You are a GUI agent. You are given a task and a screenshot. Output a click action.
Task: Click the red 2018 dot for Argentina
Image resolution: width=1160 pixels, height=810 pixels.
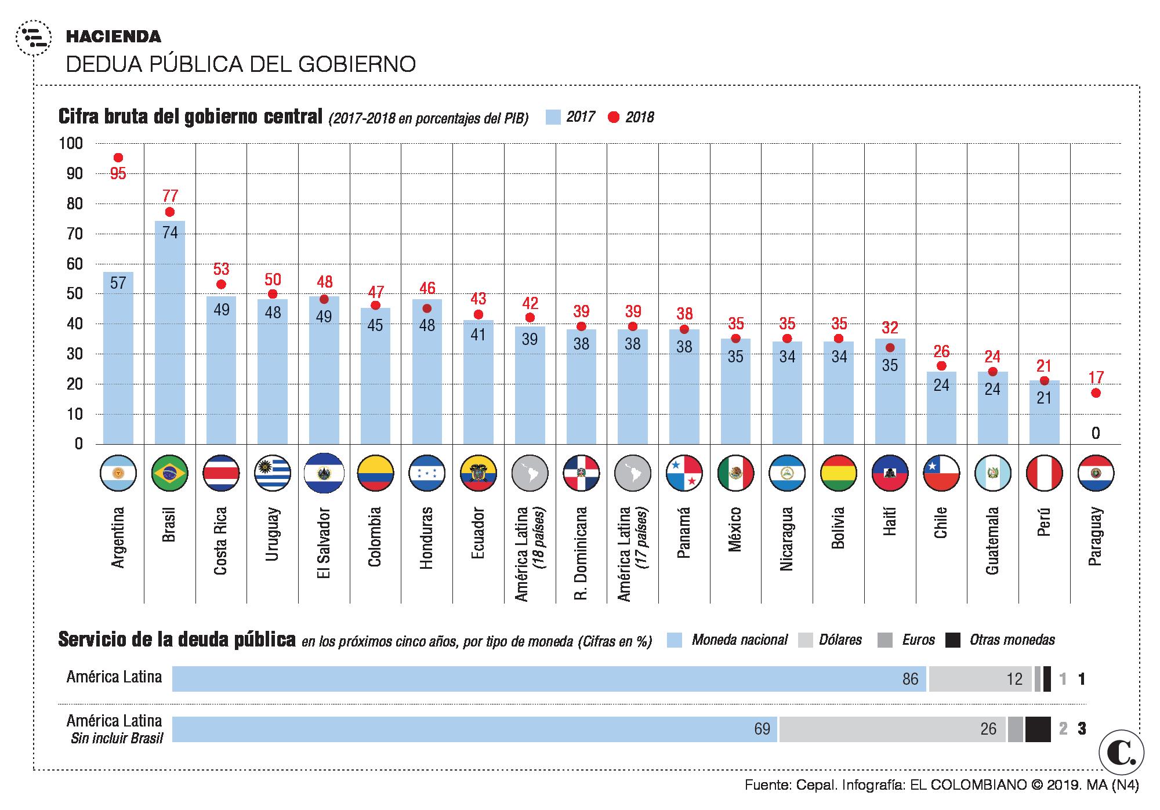point(118,158)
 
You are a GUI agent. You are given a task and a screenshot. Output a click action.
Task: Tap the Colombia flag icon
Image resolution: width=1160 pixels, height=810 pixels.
point(375,474)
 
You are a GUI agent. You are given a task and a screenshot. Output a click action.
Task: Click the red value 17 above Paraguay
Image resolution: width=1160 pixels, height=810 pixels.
point(1096,378)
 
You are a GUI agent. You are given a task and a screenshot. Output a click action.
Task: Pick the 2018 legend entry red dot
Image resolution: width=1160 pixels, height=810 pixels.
point(614,118)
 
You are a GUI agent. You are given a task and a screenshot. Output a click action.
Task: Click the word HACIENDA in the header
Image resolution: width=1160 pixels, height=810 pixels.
point(114,37)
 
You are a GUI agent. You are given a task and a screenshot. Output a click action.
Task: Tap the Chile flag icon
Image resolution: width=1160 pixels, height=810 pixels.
point(941,474)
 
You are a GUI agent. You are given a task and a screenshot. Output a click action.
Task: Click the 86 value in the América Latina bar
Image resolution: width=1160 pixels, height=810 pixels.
point(910,679)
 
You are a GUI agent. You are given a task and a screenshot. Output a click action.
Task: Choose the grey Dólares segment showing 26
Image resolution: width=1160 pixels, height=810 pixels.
point(892,729)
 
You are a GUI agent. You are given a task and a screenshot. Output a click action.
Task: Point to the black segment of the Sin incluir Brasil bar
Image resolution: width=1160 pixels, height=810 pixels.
point(1038,729)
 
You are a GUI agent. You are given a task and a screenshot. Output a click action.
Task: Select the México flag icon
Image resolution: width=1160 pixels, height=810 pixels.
point(735,474)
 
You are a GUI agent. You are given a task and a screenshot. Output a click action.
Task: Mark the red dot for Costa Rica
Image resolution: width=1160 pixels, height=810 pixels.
point(221,285)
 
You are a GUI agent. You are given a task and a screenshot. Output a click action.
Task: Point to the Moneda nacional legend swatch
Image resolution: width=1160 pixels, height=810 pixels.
point(674,640)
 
